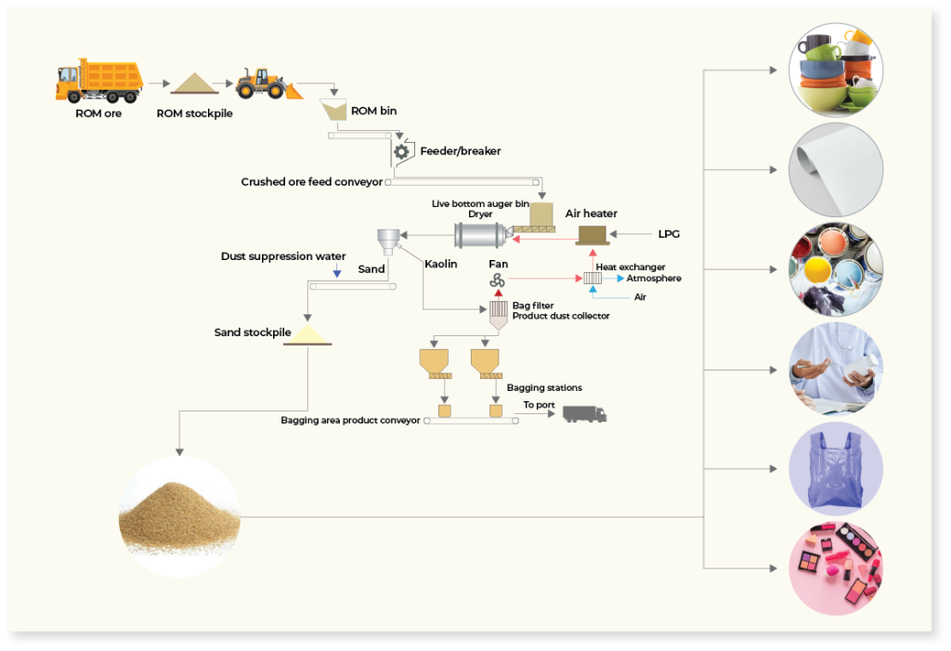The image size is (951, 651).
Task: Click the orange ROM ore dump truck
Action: click(x=99, y=81)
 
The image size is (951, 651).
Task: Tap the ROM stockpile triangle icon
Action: click(x=194, y=84)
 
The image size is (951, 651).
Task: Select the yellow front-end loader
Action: click(x=268, y=84)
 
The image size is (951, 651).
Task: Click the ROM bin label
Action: click(x=373, y=111)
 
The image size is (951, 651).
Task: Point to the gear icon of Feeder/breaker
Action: click(x=401, y=151)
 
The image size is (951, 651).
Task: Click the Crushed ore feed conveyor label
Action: click(x=312, y=182)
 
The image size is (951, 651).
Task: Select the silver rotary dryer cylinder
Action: click(x=480, y=235)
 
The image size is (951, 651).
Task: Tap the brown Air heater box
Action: click(x=592, y=235)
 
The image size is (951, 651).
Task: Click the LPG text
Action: click(x=669, y=234)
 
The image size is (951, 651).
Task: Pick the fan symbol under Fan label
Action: click(x=498, y=280)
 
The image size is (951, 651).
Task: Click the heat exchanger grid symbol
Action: click(x=593, y=279)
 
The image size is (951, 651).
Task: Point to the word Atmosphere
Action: click(x=654, y=279)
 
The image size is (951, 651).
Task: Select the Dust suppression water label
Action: click(x=283, y=256)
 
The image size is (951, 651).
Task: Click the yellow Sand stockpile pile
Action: click(x=307, y=335)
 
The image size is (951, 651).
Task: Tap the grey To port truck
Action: click(x=585, y=414)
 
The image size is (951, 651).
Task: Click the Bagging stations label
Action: click(x=544, y=387)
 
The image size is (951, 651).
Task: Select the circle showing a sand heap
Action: click(x=179, y=517)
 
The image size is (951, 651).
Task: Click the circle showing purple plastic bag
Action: click(x=836, y=469)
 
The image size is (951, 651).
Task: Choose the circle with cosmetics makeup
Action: click(x=836, y=568)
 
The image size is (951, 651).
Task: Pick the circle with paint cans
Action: click(x=836, y=269)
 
